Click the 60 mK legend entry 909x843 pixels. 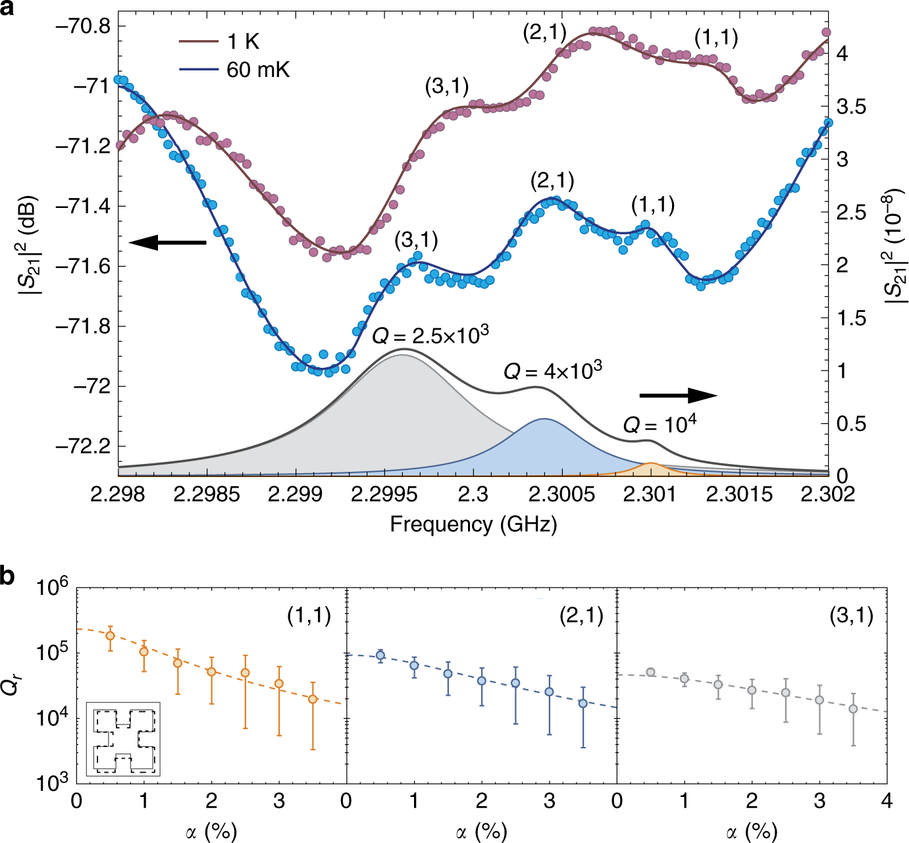tap(235, 69)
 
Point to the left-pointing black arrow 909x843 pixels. tap(167, 242)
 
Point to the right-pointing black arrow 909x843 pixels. tap(678, 395)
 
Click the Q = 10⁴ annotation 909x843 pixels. tap(660, 424)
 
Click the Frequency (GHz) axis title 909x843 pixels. tap(473, 524)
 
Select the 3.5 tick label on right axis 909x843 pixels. tap(851, 107)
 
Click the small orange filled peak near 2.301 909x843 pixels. tap(651, 469)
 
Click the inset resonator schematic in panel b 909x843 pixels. tap(123, 739)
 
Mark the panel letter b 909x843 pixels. tap(7, 576)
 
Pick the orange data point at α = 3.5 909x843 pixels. tap(313, 699)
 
